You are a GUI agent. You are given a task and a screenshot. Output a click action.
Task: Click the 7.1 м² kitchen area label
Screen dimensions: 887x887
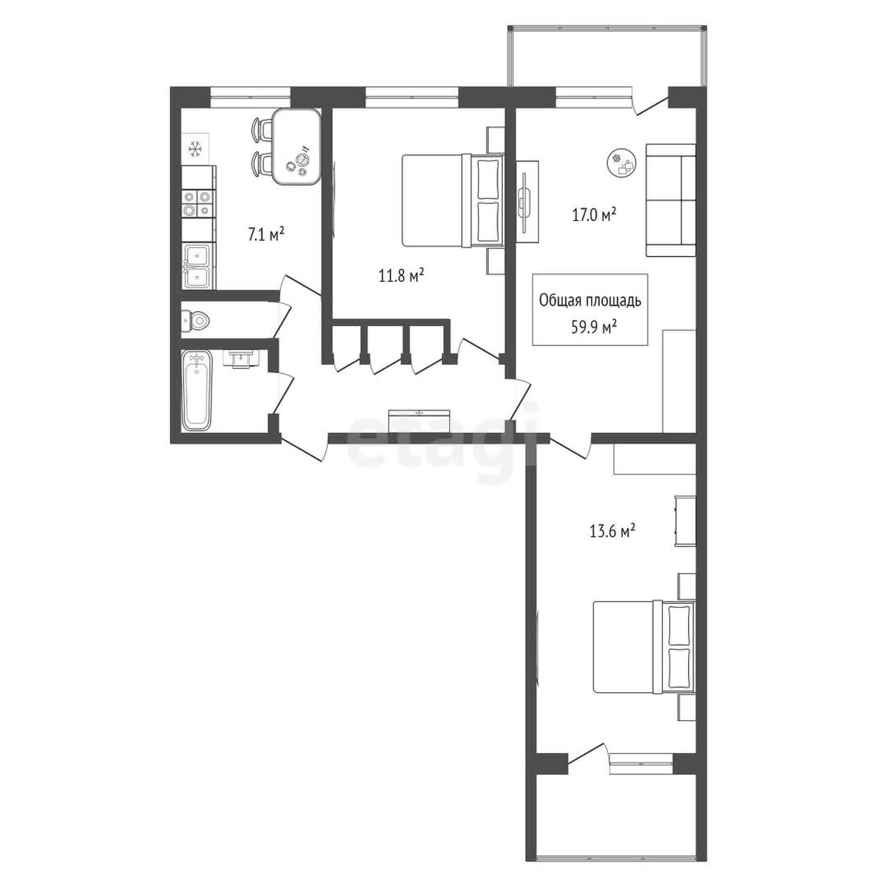click(x=266, y=235)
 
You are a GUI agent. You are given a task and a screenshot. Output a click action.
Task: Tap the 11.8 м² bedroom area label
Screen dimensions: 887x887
click(x=401, y=276)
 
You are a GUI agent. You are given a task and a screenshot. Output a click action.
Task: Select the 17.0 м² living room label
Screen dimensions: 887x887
click(x=595, y=215)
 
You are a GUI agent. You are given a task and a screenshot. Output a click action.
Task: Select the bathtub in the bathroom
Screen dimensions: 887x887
click(x=198, y=391)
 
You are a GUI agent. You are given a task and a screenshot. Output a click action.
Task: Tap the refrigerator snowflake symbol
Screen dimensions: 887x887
click(x=195, y=149)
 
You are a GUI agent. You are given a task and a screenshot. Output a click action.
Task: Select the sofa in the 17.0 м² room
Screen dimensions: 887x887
click(x=670, y=200)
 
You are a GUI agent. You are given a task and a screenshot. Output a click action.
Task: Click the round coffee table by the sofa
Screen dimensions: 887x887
click(x=622, y=163)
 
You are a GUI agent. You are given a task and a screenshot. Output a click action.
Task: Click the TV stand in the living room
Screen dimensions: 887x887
click(x=527, y=201)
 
